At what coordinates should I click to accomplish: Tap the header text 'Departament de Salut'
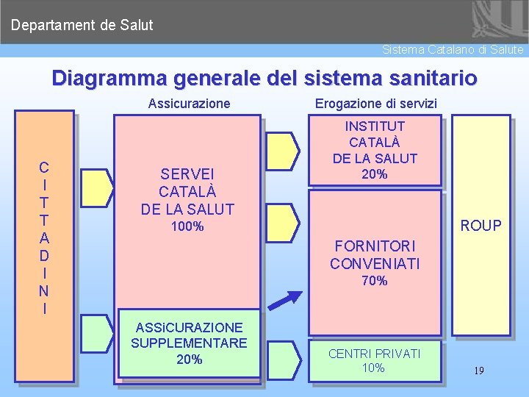(x=82, y=25)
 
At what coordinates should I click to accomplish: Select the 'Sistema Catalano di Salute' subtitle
(x=453, y=50)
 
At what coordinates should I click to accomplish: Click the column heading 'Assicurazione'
(x=189, y=104)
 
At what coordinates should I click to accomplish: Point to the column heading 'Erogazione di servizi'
(x=376, y=104)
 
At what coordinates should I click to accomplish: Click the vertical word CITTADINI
(x=45, y=237)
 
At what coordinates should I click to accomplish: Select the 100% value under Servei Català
(x=187, y=226)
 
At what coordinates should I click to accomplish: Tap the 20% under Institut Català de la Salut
(x=375, y=174)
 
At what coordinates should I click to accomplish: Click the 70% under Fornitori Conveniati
(x=374, y=281)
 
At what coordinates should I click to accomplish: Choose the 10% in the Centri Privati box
(x=374, y=368)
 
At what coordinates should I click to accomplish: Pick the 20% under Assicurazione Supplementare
(x=189, y=360)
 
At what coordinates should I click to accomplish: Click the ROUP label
(x=481, y=226)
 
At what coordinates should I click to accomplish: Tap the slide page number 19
(x=478, y=371)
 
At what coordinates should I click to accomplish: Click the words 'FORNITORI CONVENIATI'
(x=374, y=254)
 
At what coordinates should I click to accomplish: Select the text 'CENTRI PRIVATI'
(x=374, y=354)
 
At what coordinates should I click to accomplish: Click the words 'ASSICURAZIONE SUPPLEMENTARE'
(x=188, y=335)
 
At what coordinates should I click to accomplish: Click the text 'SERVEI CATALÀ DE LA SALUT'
(x=187, y=191)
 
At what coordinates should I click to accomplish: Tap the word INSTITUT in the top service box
(x=375, y=126)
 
